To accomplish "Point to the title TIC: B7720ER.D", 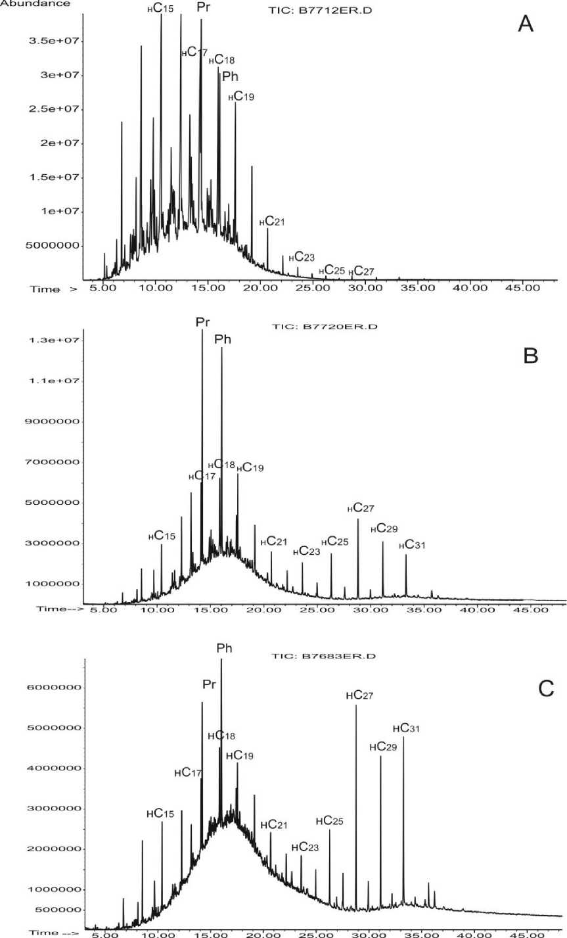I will coord(318,327).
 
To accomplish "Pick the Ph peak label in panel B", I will coord(223,339).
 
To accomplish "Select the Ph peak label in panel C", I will coord(224,648).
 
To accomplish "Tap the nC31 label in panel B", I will coord(405,545).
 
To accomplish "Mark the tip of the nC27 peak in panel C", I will coord(356,705).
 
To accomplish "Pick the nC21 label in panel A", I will coord(271,222).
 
